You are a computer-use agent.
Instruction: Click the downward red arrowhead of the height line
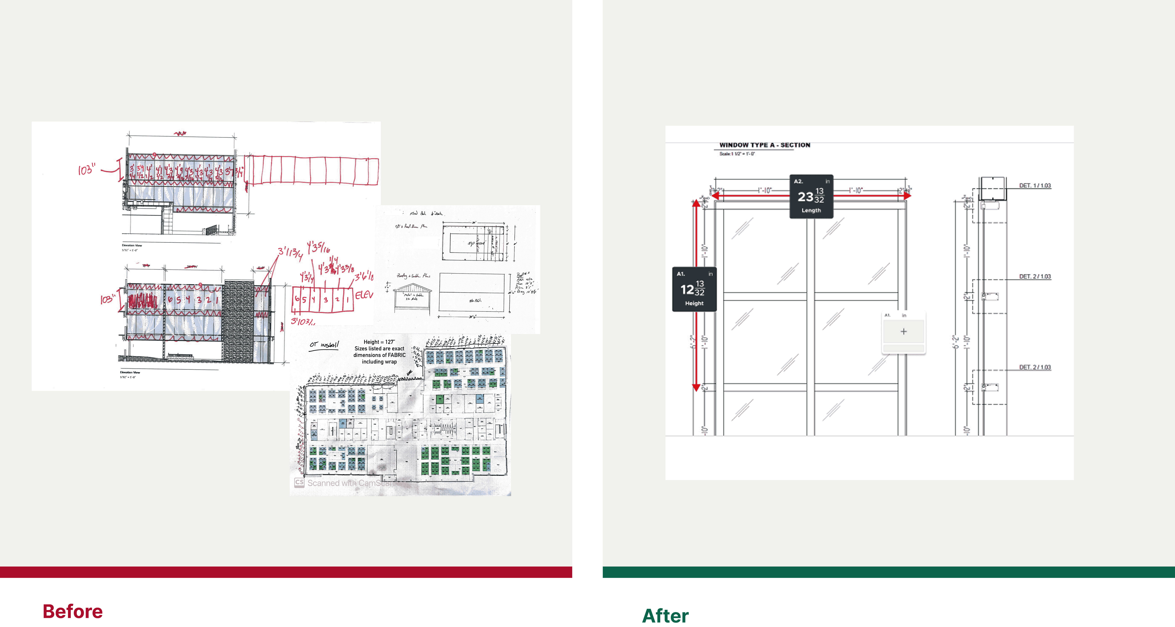point(696,388)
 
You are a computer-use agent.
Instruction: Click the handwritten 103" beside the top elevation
point(86,170)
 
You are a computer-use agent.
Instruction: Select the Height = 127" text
point(379,342)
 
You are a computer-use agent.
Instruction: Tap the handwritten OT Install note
point(324,345)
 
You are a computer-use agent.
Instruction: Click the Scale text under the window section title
point(737,154)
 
